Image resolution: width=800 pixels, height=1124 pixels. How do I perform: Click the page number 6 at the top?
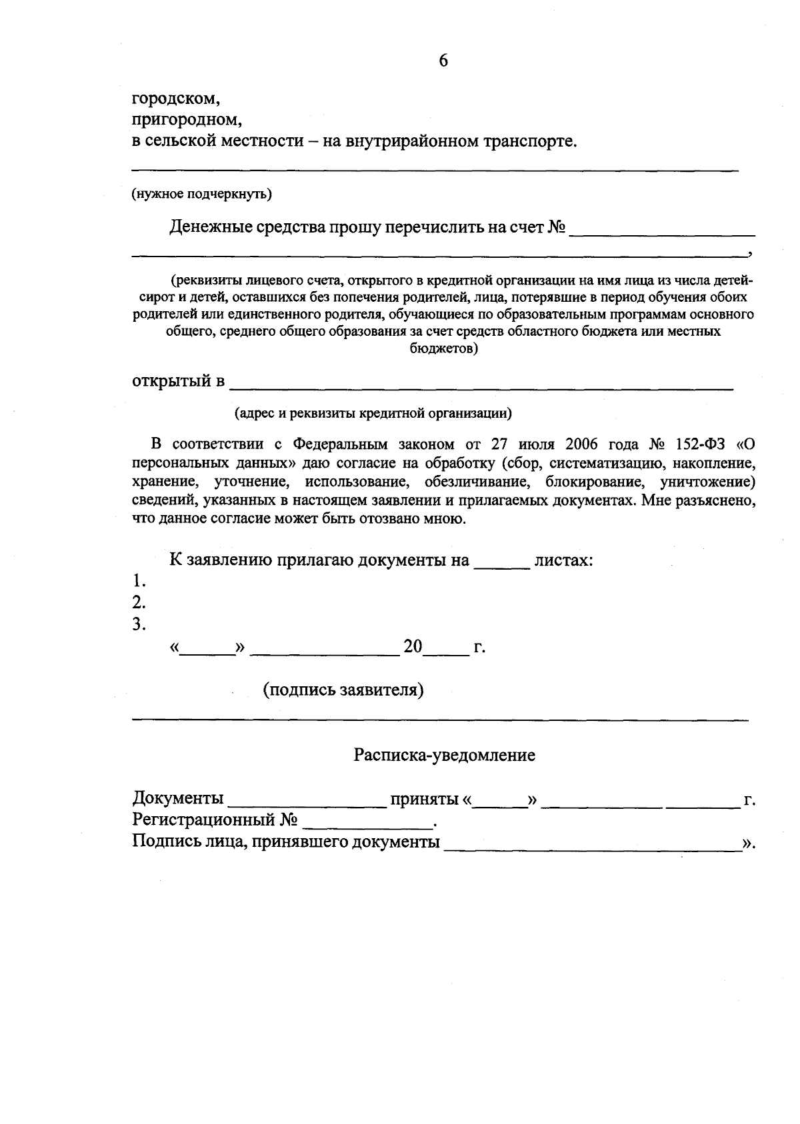tap(443, 61)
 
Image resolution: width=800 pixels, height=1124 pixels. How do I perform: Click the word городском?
tap(176, 99)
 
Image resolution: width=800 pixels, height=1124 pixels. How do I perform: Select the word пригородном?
tap(186, 121)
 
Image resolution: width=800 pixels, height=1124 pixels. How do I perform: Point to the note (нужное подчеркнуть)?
tap(201, 194)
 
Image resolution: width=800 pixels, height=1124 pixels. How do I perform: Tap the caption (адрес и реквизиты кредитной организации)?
tap(373, 413)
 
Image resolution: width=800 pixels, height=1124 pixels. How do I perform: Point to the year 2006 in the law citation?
tap(585, 444)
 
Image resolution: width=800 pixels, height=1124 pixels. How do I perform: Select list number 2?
tap(139, 603)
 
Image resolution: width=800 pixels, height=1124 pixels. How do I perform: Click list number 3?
tap(139, 625)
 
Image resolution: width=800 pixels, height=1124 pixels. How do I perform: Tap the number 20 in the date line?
tap(413, 646)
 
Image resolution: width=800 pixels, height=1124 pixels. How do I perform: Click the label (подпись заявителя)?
tap(343, 690)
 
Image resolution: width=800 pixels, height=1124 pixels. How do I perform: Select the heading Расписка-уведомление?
tap(444, 755)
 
